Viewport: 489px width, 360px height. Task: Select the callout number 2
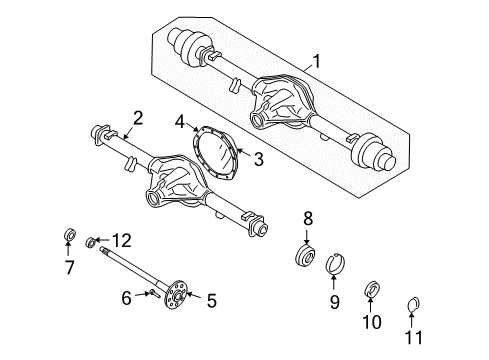[x=139, y=118]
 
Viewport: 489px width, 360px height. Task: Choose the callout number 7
[x=69, y=268]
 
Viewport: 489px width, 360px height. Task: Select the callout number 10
[x=373, y=322]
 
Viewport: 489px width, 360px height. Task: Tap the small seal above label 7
[x=69, y=236]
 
